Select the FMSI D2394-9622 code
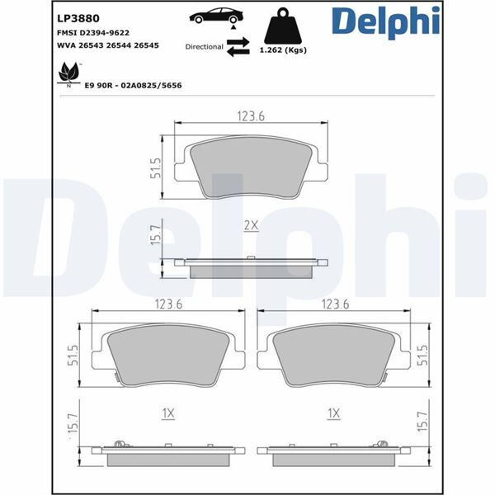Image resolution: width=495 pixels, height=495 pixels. (x=92, y=32)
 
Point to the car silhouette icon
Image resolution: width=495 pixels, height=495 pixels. (x=216, y=16)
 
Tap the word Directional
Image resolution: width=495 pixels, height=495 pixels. (x=204, y=48)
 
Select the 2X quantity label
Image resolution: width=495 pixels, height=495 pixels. (x=251, y=225)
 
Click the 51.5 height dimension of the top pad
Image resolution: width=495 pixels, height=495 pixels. (x=154, y=169)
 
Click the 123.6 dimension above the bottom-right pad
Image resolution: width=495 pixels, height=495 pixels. (x=334, y=304)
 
